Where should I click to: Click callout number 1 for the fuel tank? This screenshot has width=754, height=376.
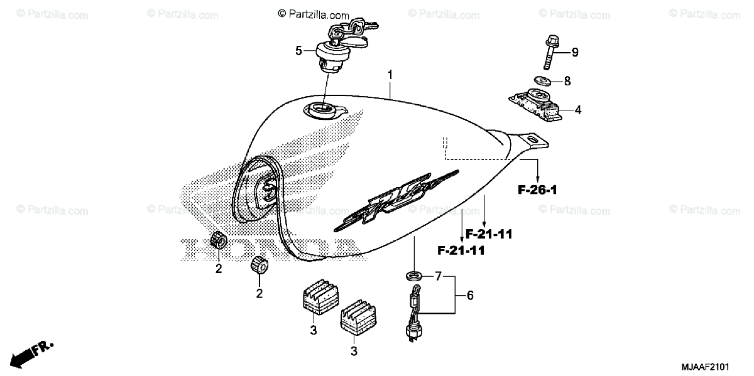tap(390, 75)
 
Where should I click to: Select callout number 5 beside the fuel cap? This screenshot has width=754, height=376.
tap(299, 50)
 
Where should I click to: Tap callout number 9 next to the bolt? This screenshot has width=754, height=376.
tap(574, 53)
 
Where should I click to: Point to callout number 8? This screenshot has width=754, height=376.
tap(567, 81)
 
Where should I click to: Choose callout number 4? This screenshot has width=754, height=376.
tap(577, 110)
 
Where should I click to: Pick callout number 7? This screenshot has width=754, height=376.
tap(439, 276)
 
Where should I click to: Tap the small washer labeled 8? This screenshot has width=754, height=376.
tap(541, 80)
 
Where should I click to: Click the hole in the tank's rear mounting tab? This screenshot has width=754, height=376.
tap(532, 138)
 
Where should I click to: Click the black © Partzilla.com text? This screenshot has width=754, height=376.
tap(313, 13)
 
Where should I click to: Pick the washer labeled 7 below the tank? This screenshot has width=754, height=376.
tap(414, 275)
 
